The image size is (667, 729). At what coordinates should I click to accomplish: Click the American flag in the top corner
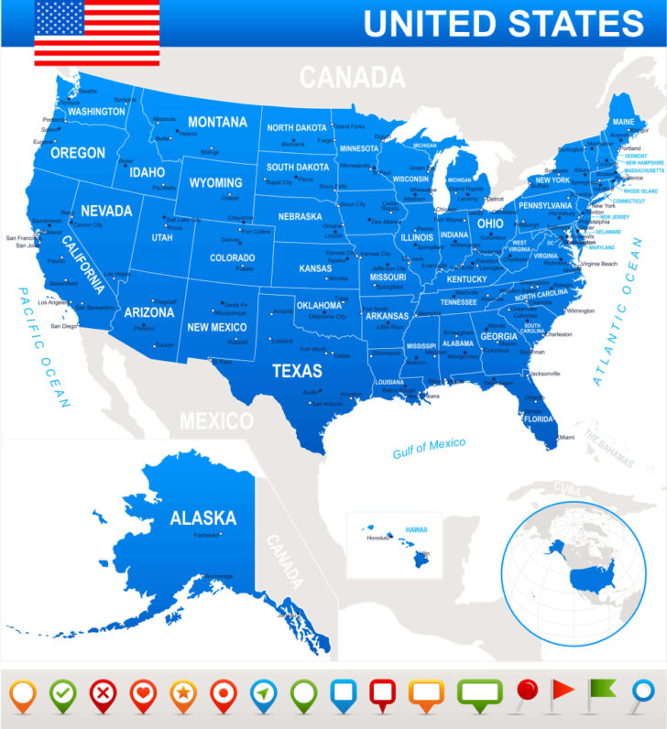96,33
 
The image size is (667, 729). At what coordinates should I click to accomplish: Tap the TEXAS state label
297,371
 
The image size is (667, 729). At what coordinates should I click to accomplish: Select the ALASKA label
202,517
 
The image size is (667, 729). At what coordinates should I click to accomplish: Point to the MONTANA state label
217,122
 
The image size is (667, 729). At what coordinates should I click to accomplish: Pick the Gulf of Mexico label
429,448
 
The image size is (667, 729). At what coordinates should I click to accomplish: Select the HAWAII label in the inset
417,529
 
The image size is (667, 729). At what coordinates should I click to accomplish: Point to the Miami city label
567,437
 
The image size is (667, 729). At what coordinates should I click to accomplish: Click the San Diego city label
63,326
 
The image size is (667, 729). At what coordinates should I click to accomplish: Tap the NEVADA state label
106,211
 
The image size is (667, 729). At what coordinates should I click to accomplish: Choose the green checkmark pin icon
63,695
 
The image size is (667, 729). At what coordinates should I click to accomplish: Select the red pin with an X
103,695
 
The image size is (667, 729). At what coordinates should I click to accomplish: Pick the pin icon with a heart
142,695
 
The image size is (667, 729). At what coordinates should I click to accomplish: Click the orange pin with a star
182,695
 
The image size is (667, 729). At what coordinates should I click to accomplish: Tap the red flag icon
563,692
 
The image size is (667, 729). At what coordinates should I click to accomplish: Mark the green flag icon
602,692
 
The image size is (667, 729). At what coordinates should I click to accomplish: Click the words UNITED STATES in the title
503,24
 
